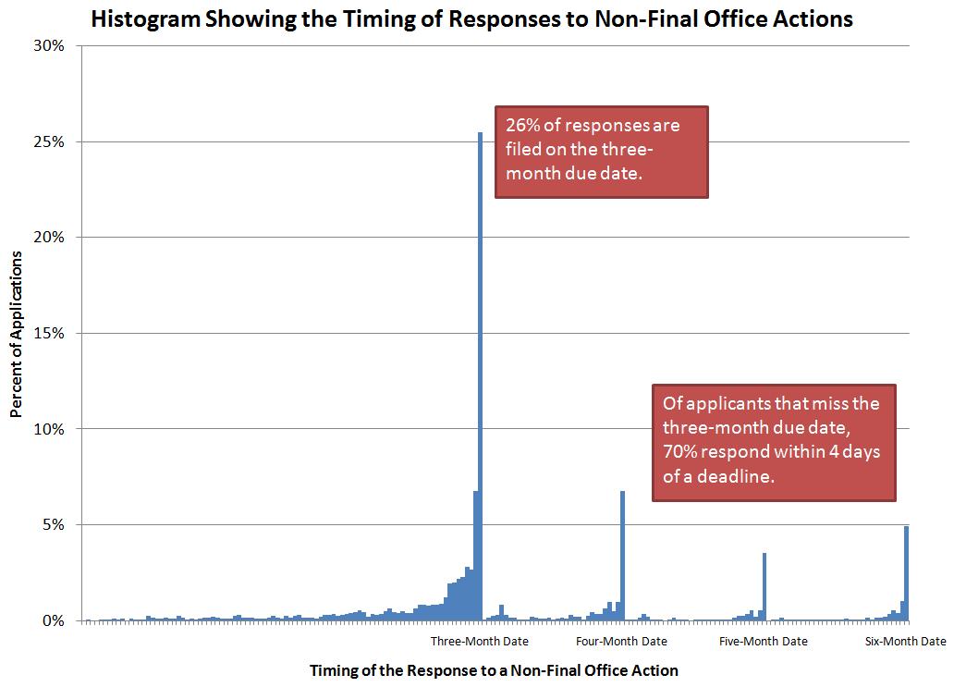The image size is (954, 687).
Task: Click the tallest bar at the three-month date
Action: pos(480,370)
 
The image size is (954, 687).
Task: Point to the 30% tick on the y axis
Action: pos(48,46)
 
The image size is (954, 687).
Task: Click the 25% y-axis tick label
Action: pos(48,142)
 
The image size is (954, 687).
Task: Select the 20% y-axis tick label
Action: pos(48,238)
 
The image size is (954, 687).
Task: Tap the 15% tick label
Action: pos(48,334)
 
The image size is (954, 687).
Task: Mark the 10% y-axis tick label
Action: pos(48,429)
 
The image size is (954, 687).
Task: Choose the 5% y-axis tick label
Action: pos(52,525)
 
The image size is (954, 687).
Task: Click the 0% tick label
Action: pos(52,620)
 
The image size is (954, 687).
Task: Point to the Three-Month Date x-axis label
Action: pos(480,642)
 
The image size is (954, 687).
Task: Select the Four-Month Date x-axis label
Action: pos(621,642)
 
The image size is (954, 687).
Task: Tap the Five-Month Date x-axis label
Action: pos(763,642)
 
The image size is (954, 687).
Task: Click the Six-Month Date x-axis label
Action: pos(905,642)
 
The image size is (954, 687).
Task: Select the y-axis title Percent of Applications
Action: pos(17,333)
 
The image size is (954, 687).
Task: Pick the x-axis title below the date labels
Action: pos(494,670)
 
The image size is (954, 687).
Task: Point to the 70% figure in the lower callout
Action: pos(679,452)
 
